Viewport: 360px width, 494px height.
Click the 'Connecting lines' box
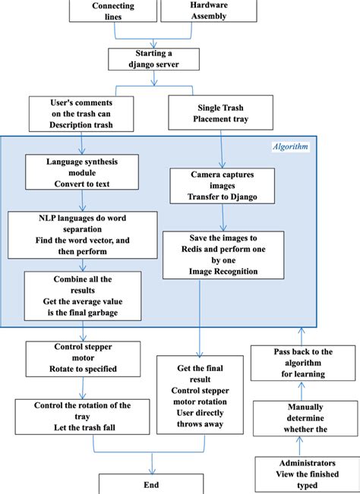tap(113, 11)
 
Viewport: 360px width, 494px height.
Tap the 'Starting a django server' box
tap(153, 59)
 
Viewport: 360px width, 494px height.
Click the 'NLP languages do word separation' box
tap(82, 231)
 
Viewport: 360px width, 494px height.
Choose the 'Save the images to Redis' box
tap(223, 255)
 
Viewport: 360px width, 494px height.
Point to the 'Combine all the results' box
tap(81, 294)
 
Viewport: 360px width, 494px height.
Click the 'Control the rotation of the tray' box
tap(82, 417)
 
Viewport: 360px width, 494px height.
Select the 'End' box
tap(152, 483)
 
